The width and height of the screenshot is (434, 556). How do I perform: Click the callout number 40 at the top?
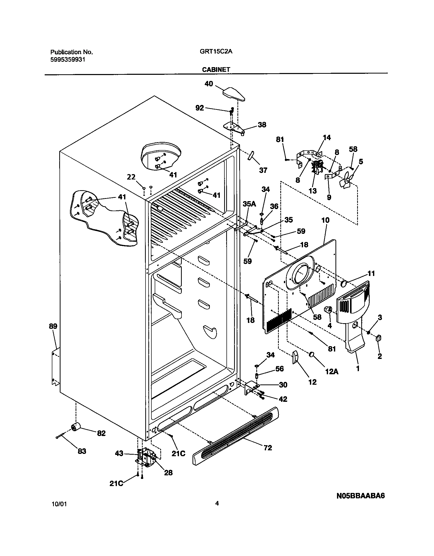(209, 84)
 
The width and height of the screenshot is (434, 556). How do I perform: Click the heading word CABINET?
(216, 69)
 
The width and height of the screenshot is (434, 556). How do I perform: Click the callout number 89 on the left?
(53, 326)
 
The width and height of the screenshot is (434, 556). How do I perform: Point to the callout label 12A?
(332, 371)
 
